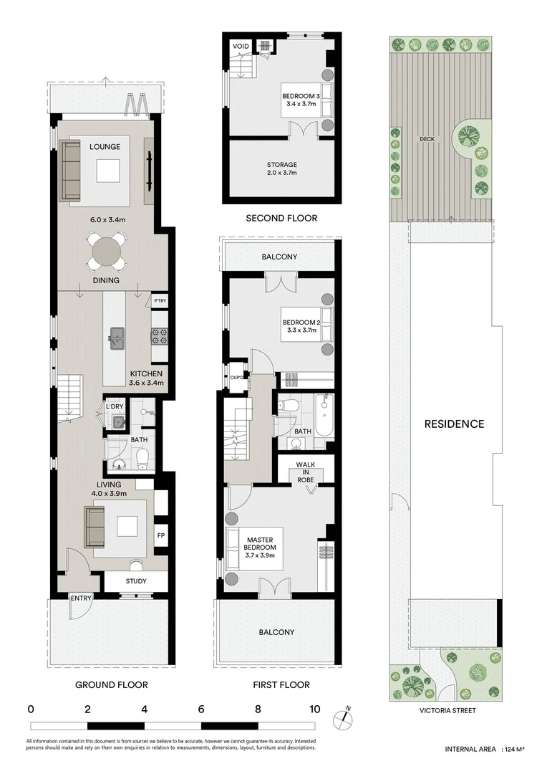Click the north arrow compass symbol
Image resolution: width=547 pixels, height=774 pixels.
coord(343,717)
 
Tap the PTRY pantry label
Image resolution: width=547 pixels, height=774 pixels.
coord(160,301)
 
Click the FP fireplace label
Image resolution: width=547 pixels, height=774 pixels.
coord(160,535)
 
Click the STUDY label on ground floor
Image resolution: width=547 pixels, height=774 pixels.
coord(136,581)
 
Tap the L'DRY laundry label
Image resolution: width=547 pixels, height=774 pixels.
coord(115,407)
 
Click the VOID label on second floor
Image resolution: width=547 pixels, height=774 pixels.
coord(241,47)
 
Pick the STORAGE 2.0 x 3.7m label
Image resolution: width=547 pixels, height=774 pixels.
coord(281,168)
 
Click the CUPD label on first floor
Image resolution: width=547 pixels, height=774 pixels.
coord(236,377)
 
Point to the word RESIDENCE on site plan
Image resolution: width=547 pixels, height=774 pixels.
coord(454,424)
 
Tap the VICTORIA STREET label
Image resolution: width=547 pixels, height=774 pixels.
coord(447,711)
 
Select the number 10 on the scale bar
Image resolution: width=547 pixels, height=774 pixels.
coord(314,709)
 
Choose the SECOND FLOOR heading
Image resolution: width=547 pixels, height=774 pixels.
coord(281,218)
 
